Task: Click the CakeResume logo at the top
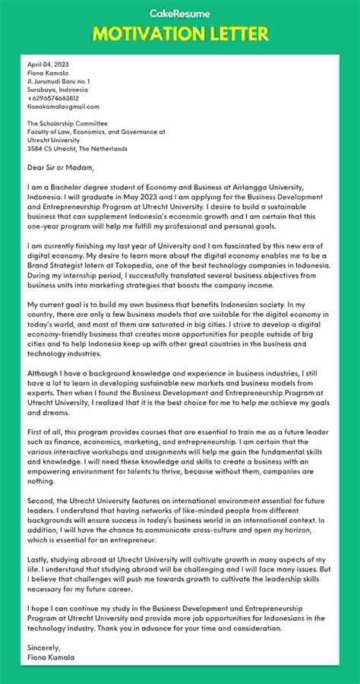(x=179, y=12)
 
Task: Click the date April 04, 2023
(x=47, y=64)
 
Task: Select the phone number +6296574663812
(x=53, y=98)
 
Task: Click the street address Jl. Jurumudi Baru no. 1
(x=58, y=81)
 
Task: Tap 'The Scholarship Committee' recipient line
(x=67, y=123)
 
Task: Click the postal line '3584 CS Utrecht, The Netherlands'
(x=79, y=148)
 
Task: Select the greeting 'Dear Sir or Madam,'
(x=60, y=167)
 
